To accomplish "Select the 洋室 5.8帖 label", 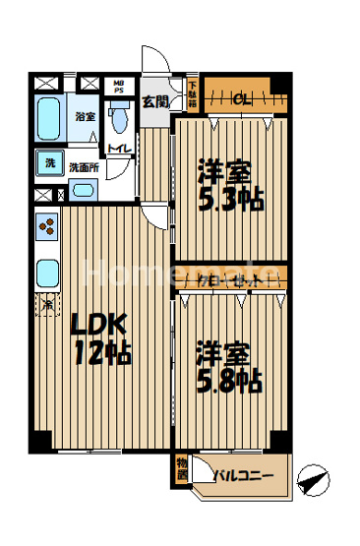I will click(x=228, y=367).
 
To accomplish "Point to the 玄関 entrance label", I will click(x=154, y=100).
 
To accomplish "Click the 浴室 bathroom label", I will click(x=85, y=116).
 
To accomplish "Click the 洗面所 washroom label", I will click(x=84, y=167).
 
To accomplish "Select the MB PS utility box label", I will click(x=118, y=87).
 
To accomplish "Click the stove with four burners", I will click(x=47, y=229).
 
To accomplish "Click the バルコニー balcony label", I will click(x=245, y=478).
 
